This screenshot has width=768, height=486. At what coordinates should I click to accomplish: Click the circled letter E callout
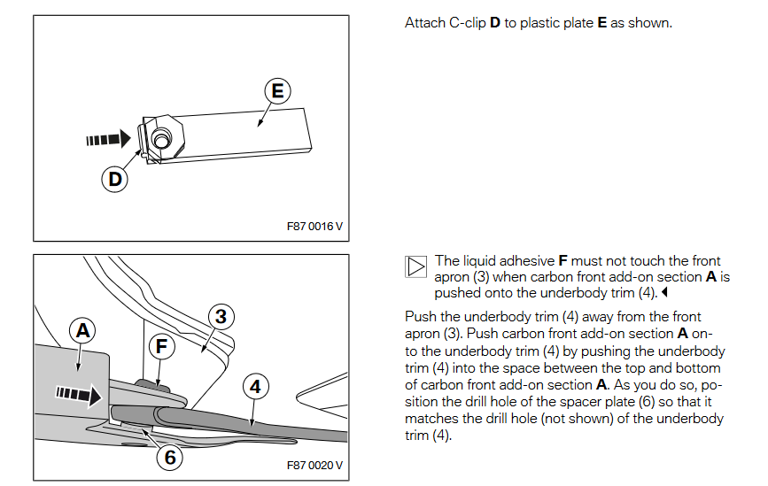click(277, 91)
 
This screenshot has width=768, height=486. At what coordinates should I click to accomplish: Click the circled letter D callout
click(114, 179)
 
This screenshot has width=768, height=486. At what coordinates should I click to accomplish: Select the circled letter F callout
click(160, 347)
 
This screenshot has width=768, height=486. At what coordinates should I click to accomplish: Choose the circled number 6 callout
click(168, 458)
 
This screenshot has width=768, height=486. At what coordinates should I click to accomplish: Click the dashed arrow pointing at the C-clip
click(107, 139)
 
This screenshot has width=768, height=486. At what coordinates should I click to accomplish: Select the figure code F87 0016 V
click(314, 226)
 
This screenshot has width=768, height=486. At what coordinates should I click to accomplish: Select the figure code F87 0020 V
click(314, 466)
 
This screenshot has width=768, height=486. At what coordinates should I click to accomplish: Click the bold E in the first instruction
click(601, 22)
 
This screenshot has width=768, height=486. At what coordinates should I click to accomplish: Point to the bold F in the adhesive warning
click(562, 261)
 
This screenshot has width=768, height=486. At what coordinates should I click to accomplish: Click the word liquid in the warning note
click(474, 261)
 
